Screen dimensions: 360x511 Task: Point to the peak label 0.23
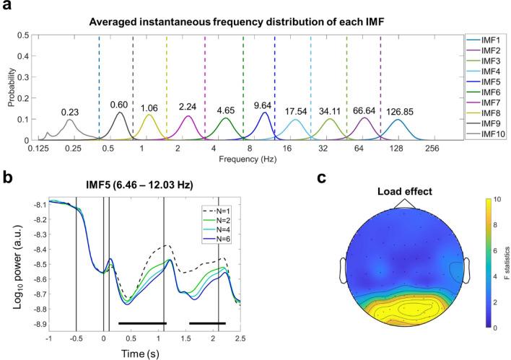coord(69,112)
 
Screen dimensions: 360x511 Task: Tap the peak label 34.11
coord(331,110)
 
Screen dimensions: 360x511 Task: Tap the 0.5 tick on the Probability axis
coord(25,35)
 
